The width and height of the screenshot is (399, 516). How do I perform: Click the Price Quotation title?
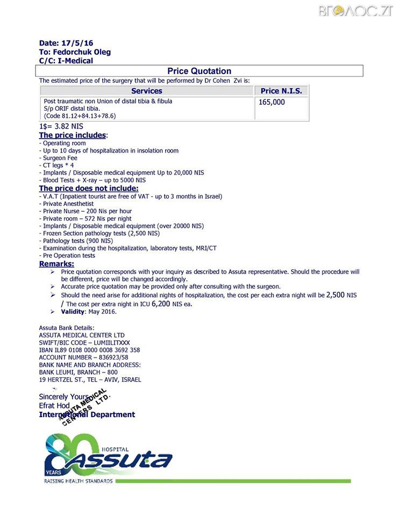[199, 71]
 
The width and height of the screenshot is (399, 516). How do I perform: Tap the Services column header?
[146, 91]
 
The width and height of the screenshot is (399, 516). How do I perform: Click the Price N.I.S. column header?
[281, 91]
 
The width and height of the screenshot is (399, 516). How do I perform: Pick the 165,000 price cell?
[272, 102]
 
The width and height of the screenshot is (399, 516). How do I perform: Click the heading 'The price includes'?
[73, 135]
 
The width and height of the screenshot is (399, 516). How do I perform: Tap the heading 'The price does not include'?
[88, 189]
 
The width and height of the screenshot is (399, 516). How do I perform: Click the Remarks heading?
[56, 264]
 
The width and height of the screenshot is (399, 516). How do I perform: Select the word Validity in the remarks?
[73, 312]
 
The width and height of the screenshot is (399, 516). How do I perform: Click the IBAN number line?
[89, 350]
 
